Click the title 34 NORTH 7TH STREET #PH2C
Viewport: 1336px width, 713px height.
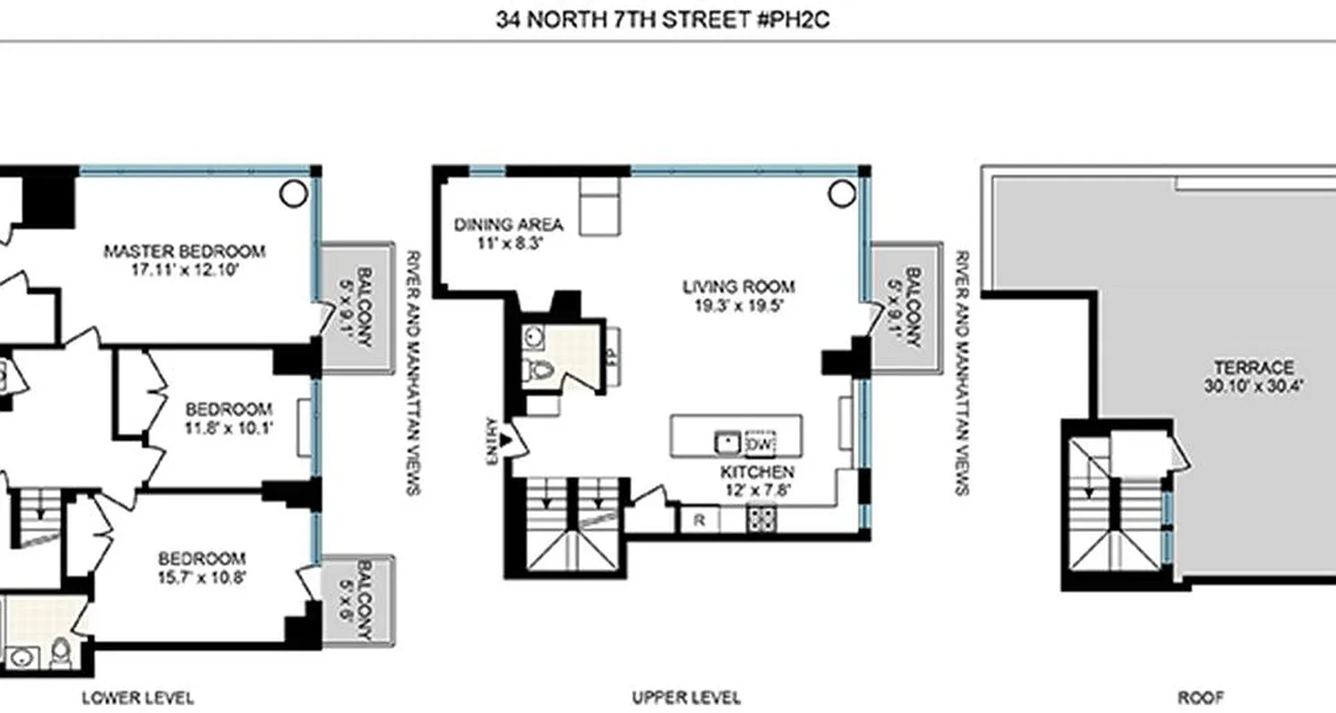tap(663, 20)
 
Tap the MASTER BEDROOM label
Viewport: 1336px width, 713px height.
tap(184, 250)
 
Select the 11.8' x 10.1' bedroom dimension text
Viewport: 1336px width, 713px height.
tap(229, 427)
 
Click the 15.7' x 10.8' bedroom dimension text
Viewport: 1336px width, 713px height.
tap(202, 577)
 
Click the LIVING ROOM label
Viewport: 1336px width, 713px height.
tap(738, 287)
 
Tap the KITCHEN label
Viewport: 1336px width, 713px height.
tap(757, 471)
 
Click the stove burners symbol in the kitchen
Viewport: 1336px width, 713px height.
tap(762, 519)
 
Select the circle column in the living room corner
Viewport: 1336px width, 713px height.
tap(841, 193)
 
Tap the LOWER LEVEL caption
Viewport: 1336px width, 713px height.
tap(137, 697)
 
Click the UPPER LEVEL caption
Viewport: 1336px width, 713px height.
tap(686, 697)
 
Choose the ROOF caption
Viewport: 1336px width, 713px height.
tap(1201, 697)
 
